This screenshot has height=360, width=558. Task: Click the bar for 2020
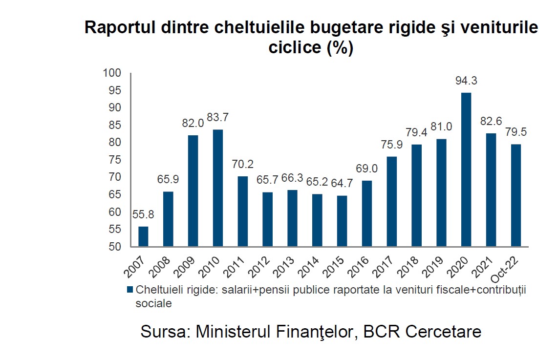click(x=466, y=169)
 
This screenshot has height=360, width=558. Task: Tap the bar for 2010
click(x=218, y=188)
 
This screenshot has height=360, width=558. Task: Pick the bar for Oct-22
click(x=516, y=195)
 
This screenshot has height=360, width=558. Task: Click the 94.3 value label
click(x=466, y=81)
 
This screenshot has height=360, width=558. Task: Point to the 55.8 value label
click(x=143, y=215)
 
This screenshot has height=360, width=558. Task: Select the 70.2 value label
click(x=242, y=165)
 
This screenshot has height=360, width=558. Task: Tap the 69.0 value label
click(x=367, y=169)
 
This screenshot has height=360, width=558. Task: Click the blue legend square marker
click(x=130, y=289)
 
